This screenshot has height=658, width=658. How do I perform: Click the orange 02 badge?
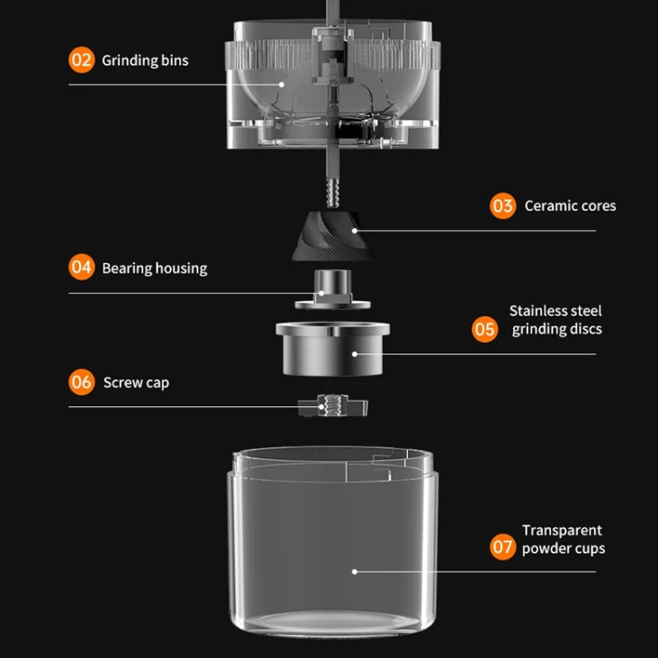[x=81, y=61]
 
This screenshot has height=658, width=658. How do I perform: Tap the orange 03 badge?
[x=503, y=206]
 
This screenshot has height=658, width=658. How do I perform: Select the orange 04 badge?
[x=82, y=268]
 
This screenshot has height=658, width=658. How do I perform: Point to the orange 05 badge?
[x=484, y=329]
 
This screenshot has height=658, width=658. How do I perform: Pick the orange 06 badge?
[x=82, y=383]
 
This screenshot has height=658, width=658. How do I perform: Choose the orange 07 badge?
[x=503, y=547]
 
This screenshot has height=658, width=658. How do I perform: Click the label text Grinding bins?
[x=145, y=61]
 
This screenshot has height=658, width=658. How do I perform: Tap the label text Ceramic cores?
[x=570, y=206]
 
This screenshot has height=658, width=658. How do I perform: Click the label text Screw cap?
[x=136, y=383]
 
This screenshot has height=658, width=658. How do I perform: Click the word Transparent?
[x=561, y=530]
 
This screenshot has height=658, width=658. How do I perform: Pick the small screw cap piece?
[x=332, y=406]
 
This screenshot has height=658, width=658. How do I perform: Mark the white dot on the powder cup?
[x=354, y=571]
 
